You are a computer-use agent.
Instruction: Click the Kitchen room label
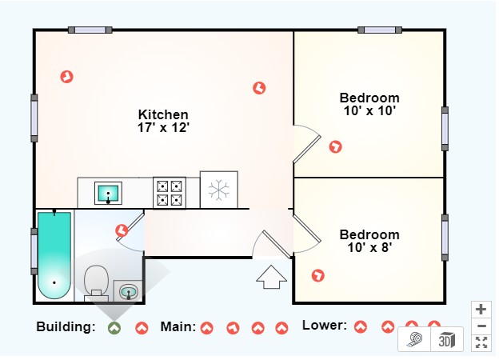[163, 114]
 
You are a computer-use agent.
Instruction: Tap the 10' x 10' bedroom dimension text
[369, 111]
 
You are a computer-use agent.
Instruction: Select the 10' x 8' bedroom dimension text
[369, 247]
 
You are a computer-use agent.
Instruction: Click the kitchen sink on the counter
[108, 193]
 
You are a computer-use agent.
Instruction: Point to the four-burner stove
[170, 193]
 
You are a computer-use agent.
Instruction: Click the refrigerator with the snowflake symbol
[219, 190]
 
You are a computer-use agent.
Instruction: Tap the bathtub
[54, 255]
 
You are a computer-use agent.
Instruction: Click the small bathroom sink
[128, 291]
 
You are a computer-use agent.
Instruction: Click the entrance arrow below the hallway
[271, 277]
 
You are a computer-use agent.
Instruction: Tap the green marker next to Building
[114, 327]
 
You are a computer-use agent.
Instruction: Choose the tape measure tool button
[415, 340]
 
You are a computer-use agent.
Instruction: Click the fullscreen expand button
[481, 343]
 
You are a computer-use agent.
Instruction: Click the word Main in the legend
[178, 326]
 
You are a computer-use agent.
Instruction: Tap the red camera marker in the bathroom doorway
[122, 230]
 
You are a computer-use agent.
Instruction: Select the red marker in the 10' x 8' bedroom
[318, 275]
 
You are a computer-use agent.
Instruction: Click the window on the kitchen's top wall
[90, 30]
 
